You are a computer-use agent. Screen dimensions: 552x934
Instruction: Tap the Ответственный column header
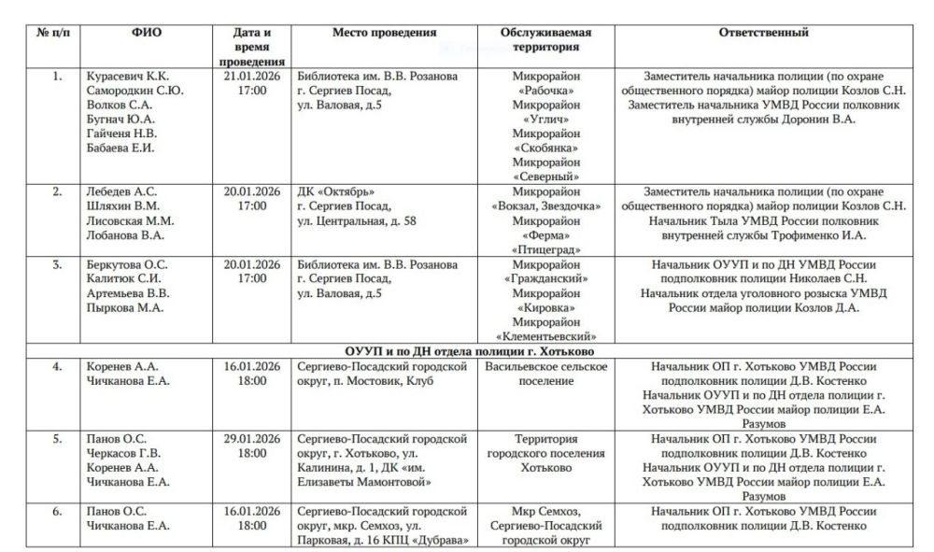click(763, 33)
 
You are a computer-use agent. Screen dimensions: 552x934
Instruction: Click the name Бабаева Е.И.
click(120, 147)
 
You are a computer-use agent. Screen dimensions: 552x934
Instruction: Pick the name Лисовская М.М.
click(129, 220)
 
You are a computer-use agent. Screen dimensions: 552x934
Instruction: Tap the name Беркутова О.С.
click(128, 263)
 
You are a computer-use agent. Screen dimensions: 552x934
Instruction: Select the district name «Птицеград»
click(545, 249)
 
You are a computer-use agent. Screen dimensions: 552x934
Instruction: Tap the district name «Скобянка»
click(546, 148)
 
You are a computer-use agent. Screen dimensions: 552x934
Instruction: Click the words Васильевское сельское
click(546, 366)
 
